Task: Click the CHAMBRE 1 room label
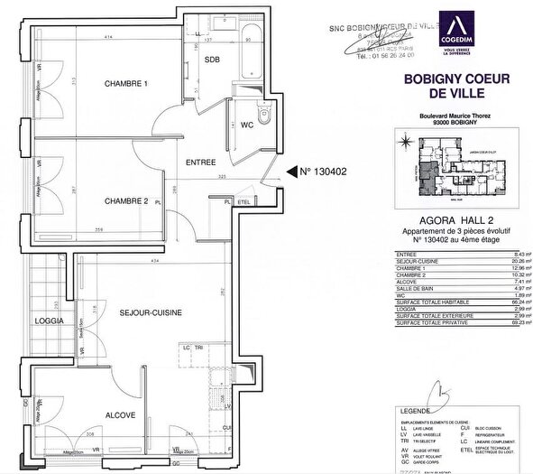coord(126,84)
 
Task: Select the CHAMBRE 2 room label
coord(126,200)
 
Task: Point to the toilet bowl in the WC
coord(263,115)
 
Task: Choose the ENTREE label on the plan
coord(200,162)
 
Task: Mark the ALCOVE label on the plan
coord(120,415)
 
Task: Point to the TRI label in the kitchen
coord(198,348)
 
